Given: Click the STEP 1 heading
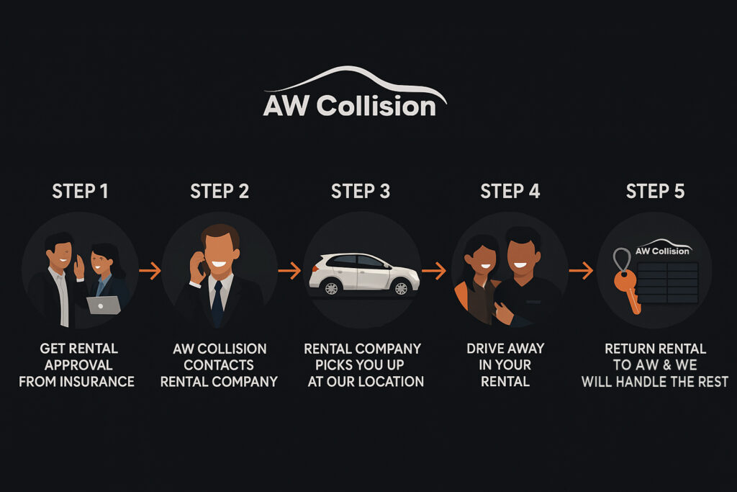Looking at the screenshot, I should point(80,191).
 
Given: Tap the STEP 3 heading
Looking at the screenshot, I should point(361,191).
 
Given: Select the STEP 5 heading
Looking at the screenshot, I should point(655,191).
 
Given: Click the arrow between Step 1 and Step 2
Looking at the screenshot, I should point(150,271).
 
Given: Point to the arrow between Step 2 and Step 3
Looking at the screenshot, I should point(289,271).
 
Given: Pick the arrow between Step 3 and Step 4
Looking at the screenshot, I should point(433,271).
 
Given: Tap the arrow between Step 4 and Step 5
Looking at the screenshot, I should point(580,271).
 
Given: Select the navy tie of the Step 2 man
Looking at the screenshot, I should point(217,303).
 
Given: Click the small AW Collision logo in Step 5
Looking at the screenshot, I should point(663,249).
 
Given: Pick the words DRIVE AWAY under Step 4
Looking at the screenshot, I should point(505,349).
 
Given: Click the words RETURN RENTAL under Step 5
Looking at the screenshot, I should point(655,349).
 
